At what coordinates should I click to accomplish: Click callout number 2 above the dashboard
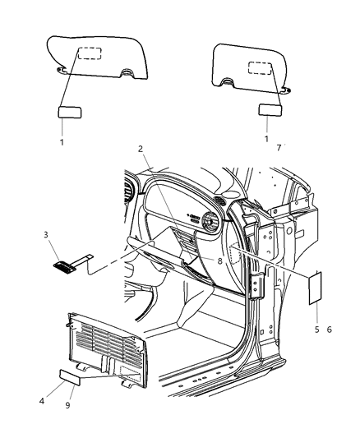click(141, 149)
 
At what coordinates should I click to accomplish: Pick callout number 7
click(279, 147)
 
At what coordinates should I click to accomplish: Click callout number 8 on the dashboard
click(220, 260)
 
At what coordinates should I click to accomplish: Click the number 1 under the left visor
click(62, 141)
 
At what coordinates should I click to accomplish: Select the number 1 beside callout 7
click(266, 139)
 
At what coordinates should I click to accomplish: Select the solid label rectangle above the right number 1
click(270, 110)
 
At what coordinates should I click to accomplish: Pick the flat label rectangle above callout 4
click(72, 377)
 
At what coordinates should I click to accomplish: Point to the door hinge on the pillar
click(257, 288)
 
